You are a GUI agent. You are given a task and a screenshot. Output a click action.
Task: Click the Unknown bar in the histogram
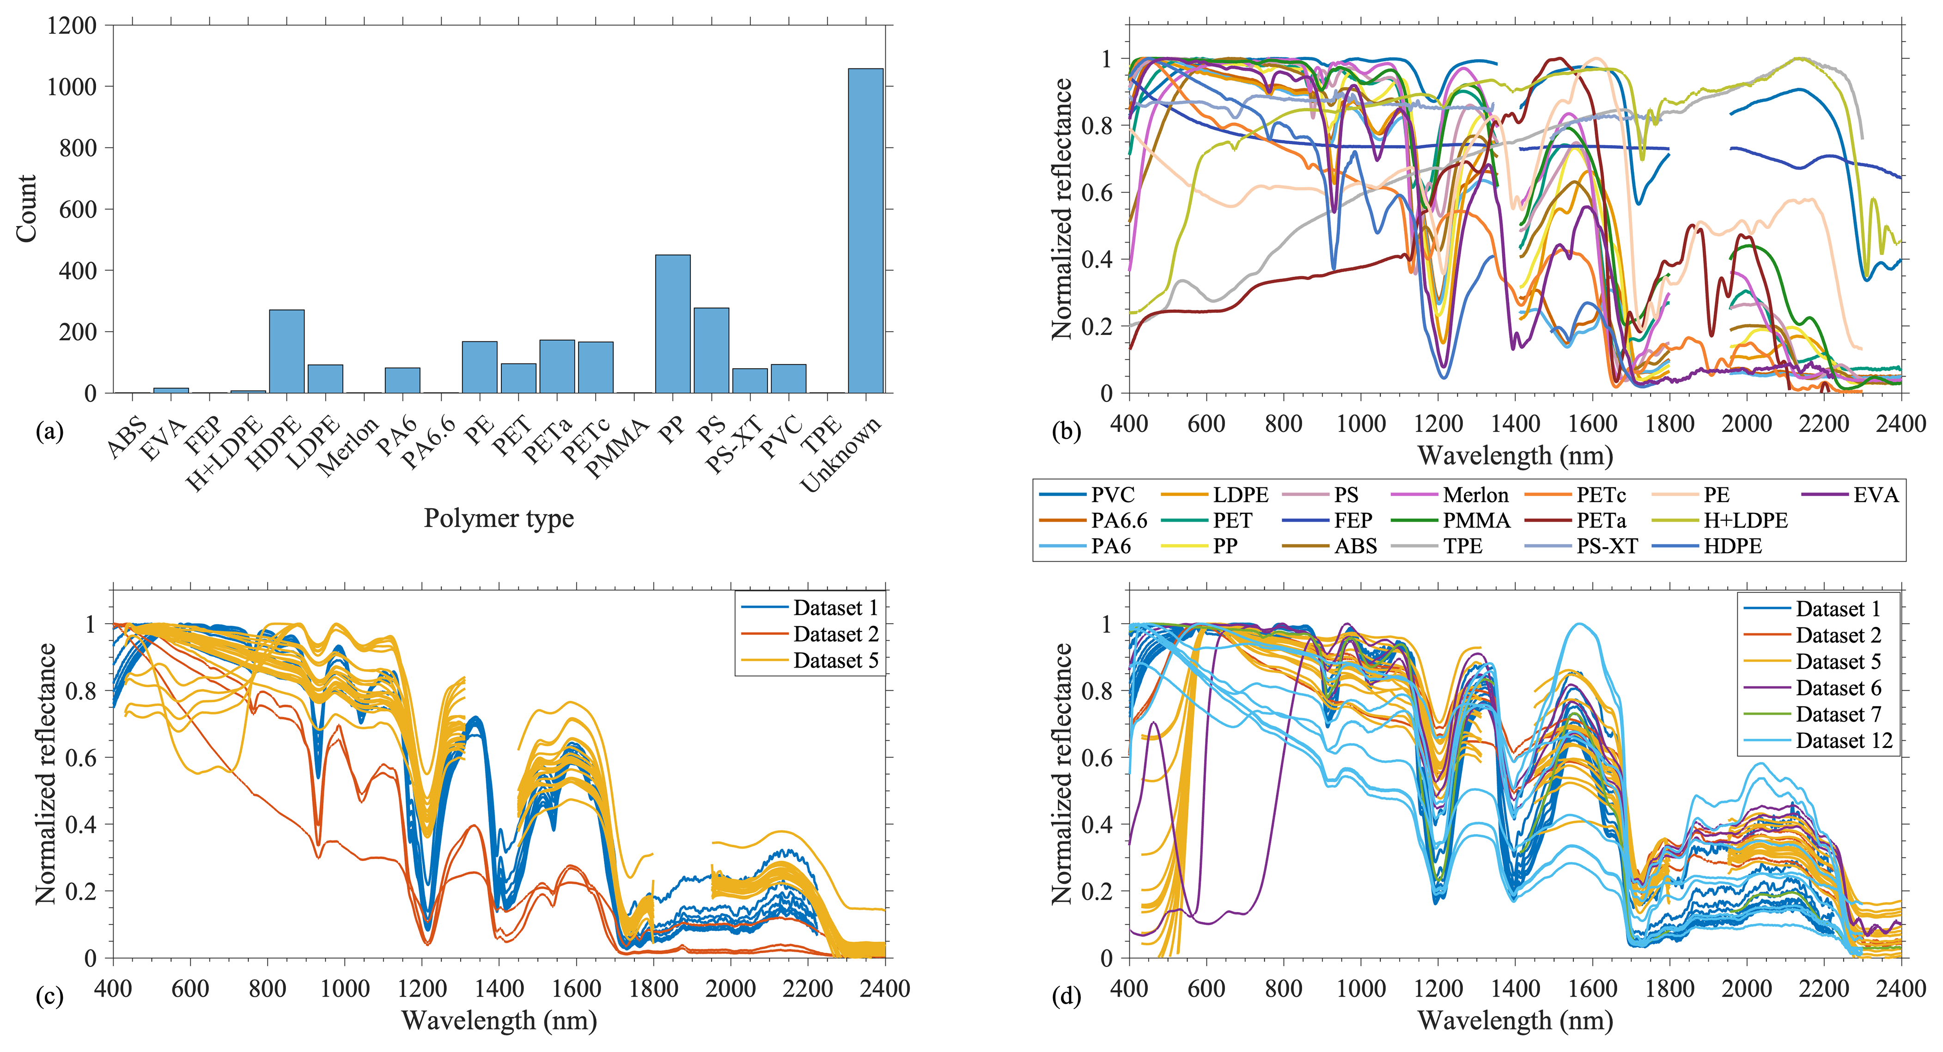tap(865, 231)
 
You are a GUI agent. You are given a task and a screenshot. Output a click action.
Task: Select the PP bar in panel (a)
tap(672, 324)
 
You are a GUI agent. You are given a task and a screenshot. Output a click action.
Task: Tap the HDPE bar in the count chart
tap(286, 352)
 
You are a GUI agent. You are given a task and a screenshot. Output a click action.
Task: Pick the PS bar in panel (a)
tap(711, 351)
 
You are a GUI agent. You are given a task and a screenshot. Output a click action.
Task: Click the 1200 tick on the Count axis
tap(72, 25)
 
